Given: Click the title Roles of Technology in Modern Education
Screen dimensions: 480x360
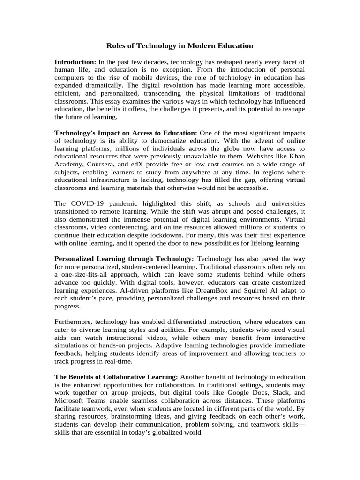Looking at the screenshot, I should click(x=180, y=45).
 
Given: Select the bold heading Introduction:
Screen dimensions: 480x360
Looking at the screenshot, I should click(x=75, y=62).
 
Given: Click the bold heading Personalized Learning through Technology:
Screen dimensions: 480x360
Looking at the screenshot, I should click(x=124, y=259).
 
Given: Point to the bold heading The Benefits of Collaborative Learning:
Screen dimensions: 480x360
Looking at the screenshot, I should click(x=116, y=377).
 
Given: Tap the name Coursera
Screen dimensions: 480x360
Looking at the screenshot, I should click(x=97, y=164).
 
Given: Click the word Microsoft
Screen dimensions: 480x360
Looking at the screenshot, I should click(x=70, y=401).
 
